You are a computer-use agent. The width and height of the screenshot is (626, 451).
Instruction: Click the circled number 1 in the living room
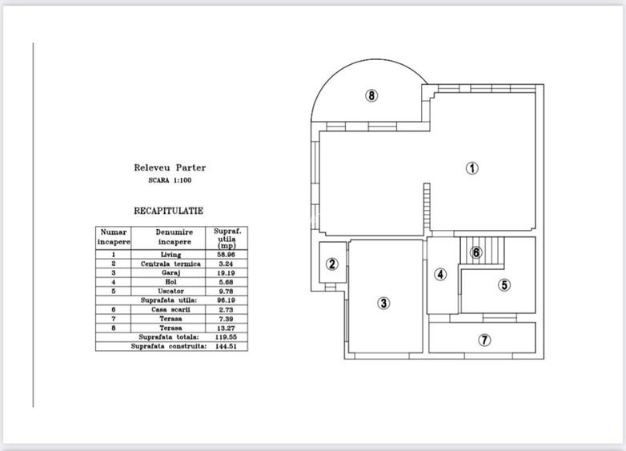coord(472,168)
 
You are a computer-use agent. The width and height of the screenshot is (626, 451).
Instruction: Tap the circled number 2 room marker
coord(331,264)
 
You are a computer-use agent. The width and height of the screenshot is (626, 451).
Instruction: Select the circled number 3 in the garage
coord(383,303)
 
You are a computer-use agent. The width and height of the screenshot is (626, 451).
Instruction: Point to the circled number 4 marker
coord(440,275)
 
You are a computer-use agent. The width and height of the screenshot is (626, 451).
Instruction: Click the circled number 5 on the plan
coord(504,284)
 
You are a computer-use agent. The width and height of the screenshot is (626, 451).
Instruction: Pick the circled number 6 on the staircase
coord(476,252)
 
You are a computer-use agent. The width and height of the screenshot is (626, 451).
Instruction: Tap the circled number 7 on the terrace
coord(484,340)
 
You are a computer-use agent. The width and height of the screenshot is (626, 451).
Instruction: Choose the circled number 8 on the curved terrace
coord(371,95)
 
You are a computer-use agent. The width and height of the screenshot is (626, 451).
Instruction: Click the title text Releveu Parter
coord(170,168)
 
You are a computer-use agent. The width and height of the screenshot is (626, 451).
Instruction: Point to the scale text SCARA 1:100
coord(170,180)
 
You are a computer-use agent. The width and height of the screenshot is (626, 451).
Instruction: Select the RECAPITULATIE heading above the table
coord(169,211)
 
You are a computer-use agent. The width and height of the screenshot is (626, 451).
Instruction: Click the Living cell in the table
coord(171,255)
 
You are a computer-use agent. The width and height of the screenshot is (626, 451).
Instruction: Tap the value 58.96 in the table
coord(226,255)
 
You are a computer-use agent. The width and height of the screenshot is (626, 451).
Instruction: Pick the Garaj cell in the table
coord(171,272)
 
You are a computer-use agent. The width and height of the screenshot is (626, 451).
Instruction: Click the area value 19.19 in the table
coord(226,272)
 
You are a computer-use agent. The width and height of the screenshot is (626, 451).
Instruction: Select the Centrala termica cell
coord(171,264)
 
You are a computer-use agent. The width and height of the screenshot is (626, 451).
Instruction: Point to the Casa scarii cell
coord(171,309)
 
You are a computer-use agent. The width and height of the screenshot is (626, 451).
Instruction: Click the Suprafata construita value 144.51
coord(226,346)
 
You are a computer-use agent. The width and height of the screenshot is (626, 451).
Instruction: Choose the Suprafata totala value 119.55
coord(226,337)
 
